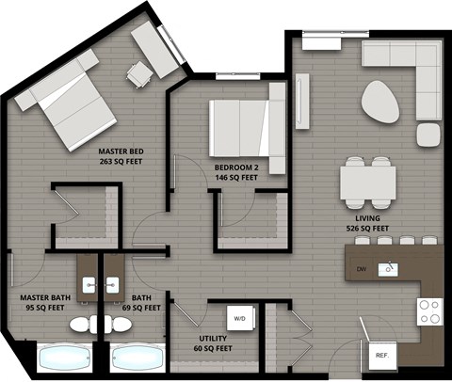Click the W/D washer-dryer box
[x=239, y=318]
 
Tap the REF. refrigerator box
[x=382, y=357]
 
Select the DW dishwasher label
[x=361, y=270]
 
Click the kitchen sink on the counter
[x=388, y=270]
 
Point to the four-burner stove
[x=429, y=311]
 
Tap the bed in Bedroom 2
[x=243, y=129]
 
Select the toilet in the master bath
[x=81, y=325]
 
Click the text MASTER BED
[x=122, y=151]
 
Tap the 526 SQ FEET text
[x=367, y=228]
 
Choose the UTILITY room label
[x=211, y=338]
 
